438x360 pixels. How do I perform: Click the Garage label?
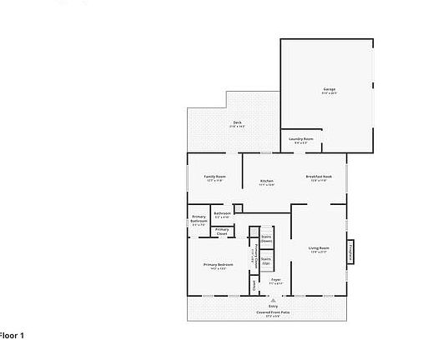(330, 89)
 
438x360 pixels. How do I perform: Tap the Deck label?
(237, 122)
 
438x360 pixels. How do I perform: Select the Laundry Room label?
(301, 138)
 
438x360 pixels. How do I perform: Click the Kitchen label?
(267, 181)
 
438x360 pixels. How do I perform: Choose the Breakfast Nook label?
(319, 177)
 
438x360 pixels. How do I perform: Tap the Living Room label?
(319, 248)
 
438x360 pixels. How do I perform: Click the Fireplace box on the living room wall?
(351, 250)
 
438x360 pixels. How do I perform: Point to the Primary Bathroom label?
(199, 220)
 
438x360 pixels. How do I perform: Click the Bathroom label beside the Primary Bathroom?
(222, 213)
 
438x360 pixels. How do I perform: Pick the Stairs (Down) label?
(266, 237)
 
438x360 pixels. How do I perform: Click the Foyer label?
(275, 280)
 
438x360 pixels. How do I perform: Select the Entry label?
(273, 305)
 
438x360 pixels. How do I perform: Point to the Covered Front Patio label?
(273, 312)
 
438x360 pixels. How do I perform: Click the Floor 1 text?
(12, 335)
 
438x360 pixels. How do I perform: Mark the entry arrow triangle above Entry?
(273, 299)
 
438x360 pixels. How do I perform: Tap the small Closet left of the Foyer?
(254, 284)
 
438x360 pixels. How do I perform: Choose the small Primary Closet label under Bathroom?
(222, 231)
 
